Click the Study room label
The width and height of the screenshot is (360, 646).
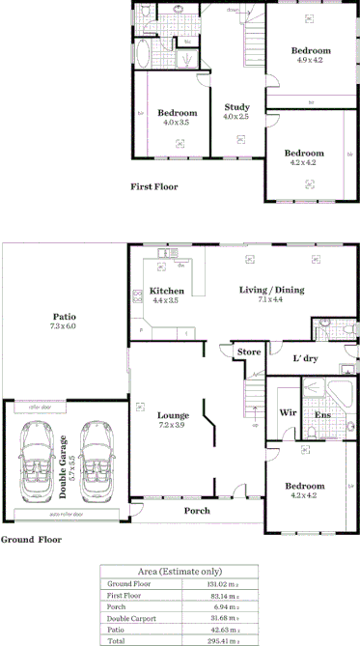[236, 107]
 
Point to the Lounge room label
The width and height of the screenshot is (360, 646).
[176, 415]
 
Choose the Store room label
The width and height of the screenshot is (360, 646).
[250, 352]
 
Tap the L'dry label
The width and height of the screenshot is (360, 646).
[305, 358]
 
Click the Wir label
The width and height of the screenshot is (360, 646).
[287, 413]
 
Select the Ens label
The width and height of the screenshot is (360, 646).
[323, 414]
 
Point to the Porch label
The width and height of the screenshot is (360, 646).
[196, 511]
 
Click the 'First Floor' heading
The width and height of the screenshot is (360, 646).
[152, 186]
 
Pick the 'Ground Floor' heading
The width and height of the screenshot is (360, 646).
[31, 540]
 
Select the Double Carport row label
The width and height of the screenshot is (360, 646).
[133, 618]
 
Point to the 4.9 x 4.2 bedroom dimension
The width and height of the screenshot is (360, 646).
[310, 60]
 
